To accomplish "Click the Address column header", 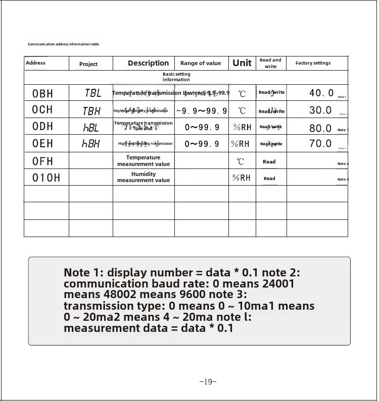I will click(x=35, y=63).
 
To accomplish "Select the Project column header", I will click(x=88, y=64).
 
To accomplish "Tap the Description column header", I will click(x=148, y=63).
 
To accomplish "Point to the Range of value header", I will click(x=201, y=63).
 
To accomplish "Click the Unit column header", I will click(x=242, y=63).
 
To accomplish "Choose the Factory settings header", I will click(x=313, y=63).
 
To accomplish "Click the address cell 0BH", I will click(x=42, y=93).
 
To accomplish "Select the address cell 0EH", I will click(x=42, y=144).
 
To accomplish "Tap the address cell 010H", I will click(x=46, y=178).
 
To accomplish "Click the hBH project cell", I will click(x=91, y=144).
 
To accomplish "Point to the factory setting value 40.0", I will click(x=321, y=93).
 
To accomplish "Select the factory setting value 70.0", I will click(x=320, y=144).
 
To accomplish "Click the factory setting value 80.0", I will click(x=320, y=128).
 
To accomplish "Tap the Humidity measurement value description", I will click(x=144, y=177).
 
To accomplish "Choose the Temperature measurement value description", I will click(x=144, y=161).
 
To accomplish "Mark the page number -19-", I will click(x=208, y=382).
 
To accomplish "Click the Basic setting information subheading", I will click(x=176, y=77).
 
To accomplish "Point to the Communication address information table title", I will click(x=63, y=44).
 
